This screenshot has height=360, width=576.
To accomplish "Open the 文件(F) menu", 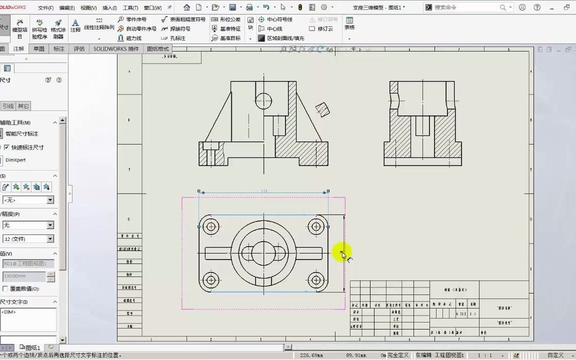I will tap(45, 8).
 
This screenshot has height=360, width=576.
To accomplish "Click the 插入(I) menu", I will tap(109, 8).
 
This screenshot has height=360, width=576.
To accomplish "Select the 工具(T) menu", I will tap(130, 8).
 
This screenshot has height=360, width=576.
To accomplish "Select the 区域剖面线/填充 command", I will tap(285, 38).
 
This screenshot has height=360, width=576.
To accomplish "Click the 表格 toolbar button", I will tap(349, 23).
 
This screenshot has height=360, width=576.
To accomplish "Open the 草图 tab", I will tap(38, 49).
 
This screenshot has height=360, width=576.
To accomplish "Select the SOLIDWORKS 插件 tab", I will tap(116, 49).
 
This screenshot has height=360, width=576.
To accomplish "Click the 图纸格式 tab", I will tap(158, 49).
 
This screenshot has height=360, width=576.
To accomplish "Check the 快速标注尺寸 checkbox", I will tap(6, 147).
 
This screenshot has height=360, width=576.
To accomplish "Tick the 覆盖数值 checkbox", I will tap(5, 288).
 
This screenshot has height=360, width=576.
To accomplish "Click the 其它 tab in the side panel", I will tap(23, 106).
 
